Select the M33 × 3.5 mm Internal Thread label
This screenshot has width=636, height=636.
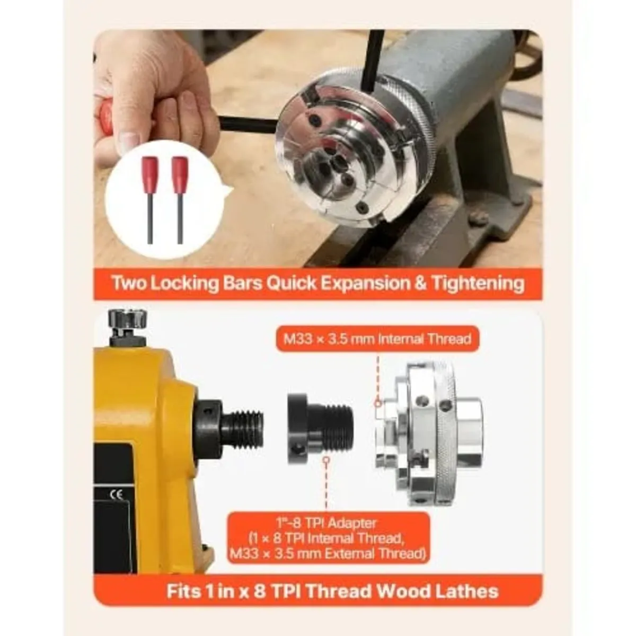(x=377, y=339)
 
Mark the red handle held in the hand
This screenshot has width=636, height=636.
(x=104, y=114)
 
